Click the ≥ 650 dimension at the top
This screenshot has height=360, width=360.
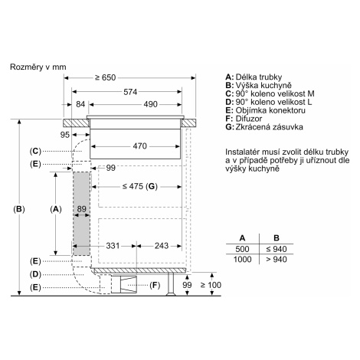click(x=105, y=77)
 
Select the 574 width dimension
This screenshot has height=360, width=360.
click(x=130, y=92)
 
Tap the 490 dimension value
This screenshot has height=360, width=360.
click(x=150, y=104)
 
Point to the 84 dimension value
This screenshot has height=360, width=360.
click(x=80, y=104)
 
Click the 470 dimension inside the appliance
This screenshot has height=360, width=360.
click(x=140, y=146)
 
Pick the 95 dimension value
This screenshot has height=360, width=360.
click(x=65, y=135)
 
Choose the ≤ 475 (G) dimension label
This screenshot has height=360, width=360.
click(x=139, y=186)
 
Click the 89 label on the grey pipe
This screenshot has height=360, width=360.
click(x=82, y=209)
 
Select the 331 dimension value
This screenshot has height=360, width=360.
click(x=113, y=246)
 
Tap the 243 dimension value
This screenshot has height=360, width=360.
click(x=162, y=246)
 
